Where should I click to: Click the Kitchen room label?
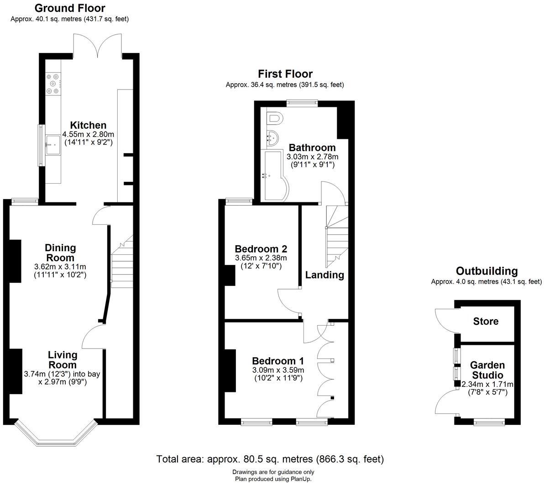[x=88, y=125]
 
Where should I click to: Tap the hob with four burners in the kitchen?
[x=53, y=84]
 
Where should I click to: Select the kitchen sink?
[x=52, y=145]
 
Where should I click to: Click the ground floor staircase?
[x=120, y=265]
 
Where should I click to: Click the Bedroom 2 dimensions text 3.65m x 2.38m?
[x=261, y=258]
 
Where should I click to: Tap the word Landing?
[x=324, y=275]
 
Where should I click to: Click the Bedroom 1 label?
[x=278, y=360]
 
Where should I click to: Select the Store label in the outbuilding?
[x=486, y=321]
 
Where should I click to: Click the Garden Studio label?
[x=487, y=370]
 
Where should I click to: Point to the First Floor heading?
[x=285, y=74]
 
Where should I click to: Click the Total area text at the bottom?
[x=270, y=459]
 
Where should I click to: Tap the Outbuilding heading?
[x=486, y=271]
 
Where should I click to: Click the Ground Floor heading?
[x=70, y=8]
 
